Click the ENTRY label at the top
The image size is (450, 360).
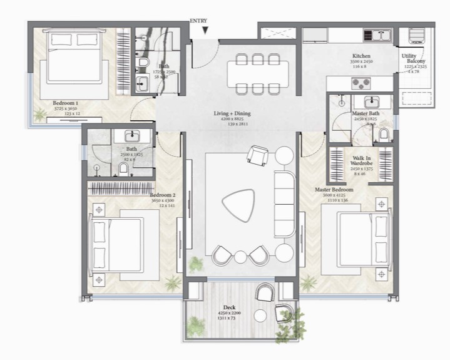[x=199, y=21]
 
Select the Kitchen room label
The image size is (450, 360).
[x=361, y=56]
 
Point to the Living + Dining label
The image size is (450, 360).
[x=232, y=113]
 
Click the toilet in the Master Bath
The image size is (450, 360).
[x=384, y=134]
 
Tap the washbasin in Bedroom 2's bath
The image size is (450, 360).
[x=132, y=135]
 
